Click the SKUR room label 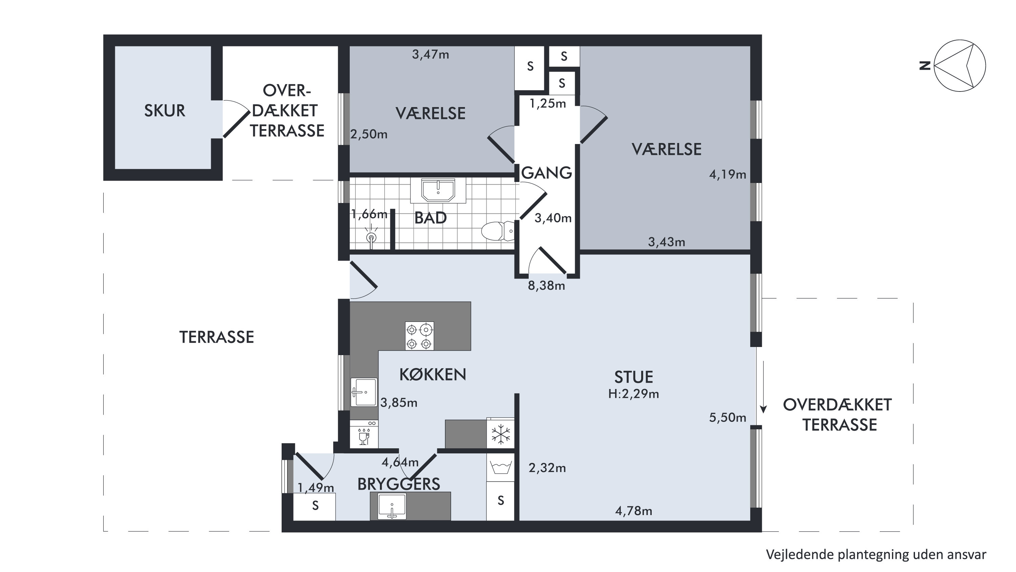164,111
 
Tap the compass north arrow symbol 960,65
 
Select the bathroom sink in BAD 438,190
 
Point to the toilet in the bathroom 498,231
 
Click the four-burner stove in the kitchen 419,336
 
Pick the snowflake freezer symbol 501,434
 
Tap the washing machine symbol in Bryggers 501,468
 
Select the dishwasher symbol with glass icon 364,434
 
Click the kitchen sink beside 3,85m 364,392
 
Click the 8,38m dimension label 547,286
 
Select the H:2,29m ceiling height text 633,394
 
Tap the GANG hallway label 547,173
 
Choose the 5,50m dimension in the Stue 728,417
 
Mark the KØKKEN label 433,374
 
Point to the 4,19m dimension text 728,175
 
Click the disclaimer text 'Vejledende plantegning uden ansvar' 876,555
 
